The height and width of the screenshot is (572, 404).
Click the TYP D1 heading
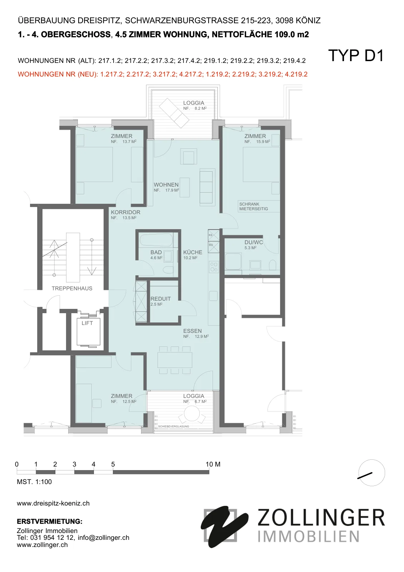(x=356, y=55)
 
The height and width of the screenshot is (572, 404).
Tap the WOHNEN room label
(x=166, y=184)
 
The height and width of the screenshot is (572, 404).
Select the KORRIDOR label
(x=126, y=212)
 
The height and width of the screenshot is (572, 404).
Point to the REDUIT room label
(x=160, y=299)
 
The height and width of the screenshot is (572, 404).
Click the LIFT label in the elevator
(x=87, y=323)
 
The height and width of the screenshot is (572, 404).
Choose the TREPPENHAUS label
(x=72, y=288)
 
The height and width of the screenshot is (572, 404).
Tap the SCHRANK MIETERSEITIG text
(x=253, y=206)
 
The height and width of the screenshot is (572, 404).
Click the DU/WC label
(x=253, y=242)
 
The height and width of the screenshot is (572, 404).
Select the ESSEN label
(x=193, y=331)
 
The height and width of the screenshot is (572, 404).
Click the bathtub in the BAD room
(x=156, y=240)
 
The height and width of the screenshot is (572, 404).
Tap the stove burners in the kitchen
(x=214, y=267)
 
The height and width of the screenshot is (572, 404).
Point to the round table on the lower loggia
(x=192, y=413)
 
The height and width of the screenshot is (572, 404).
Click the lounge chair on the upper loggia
(x=174, y=113)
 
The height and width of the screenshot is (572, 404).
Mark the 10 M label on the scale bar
(x=213, y=464)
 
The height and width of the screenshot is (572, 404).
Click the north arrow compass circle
(x=371, y=473)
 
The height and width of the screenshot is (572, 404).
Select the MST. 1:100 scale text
(x=34, y=482)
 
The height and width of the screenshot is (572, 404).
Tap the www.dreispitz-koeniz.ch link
(x=53, y=503)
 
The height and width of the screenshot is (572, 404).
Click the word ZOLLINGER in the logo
(x=321, y=518)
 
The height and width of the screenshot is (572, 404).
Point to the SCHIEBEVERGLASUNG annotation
(x=174, y=426)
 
